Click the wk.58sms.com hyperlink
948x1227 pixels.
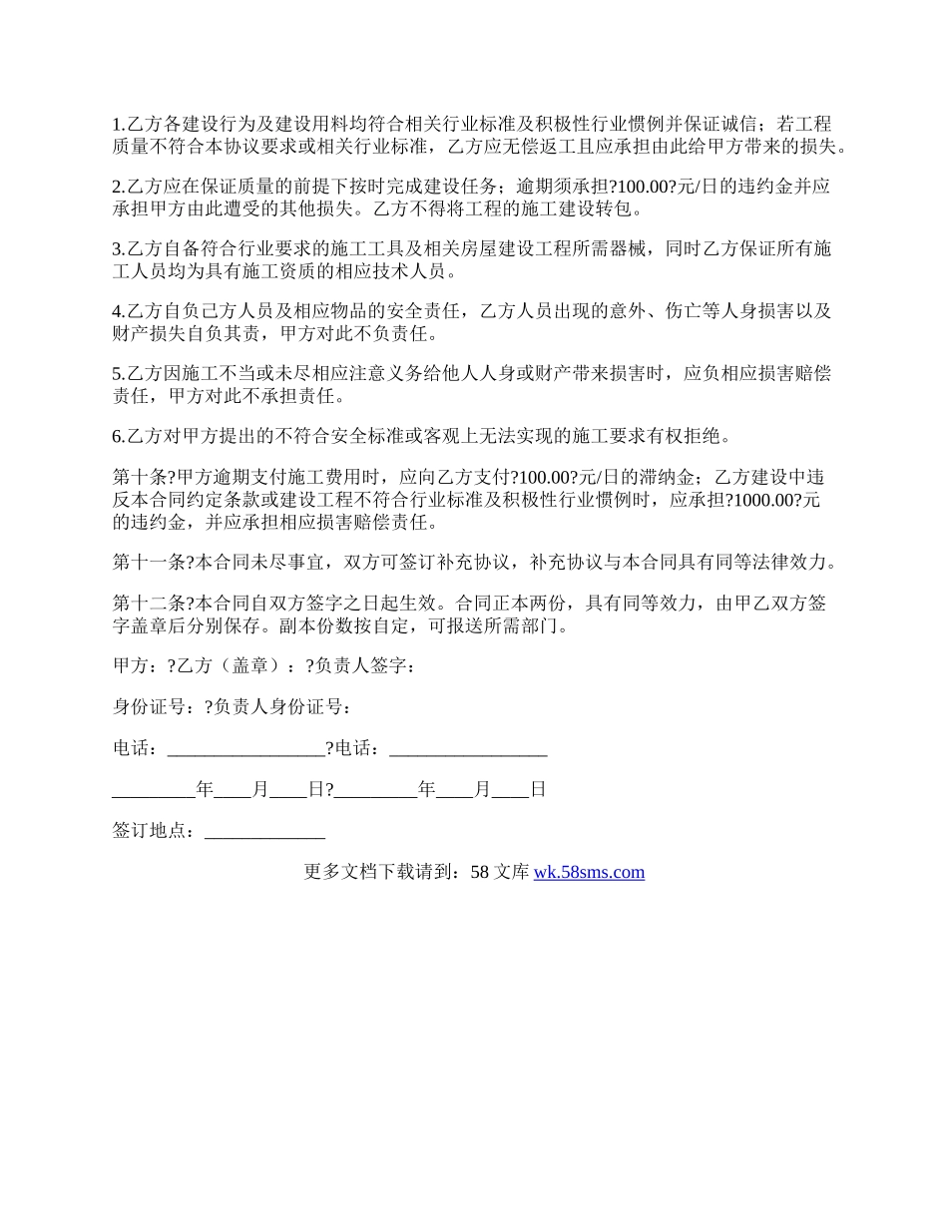tap(589, 872)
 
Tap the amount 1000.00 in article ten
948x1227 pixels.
tap(762, 500)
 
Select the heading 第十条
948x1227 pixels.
tap(140, 477)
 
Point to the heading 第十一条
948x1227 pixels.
tap(147, 562)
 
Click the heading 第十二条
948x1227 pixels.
tap(147, 604)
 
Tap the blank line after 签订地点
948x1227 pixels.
tap(264, 831)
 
